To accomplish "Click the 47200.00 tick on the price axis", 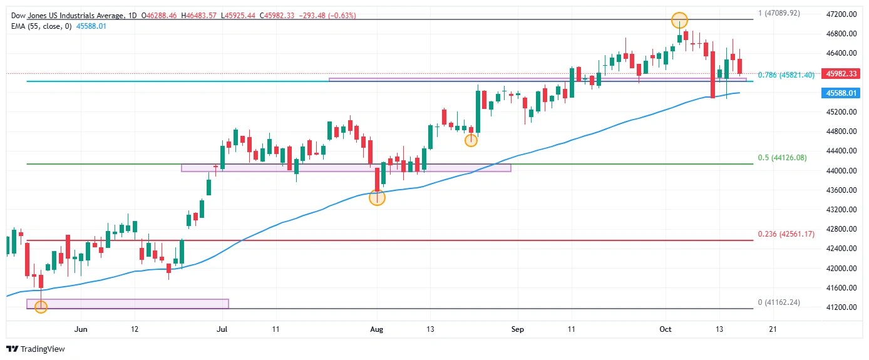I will pyautogui.click(x=840, y=14).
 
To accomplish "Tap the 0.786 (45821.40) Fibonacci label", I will pyautogui.click(x=786, y=75).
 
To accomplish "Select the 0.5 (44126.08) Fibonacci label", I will pyautogui.click(x=782, y=158).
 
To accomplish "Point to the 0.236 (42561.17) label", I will pyautogui.click(x=786, y=234).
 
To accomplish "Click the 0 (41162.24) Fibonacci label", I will pyautogui.click(x=779, y=302).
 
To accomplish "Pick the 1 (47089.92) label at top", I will pyautogui.click(x=779, y=13).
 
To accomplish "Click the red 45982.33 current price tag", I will pyautogui.click(x=841, y=74).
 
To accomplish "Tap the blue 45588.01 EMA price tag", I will pyautogui.click(x=841, y=93).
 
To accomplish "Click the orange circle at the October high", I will pyautogui.click(x=679, y=20).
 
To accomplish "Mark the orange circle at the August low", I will pyautogui.click(x=377, y=198).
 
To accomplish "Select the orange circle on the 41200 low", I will pyautogui.click(x=41, y=307).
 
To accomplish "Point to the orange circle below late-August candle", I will pyautogui.click(x=471, y=141).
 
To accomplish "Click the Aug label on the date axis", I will pyautogui.click(x=376, y=329).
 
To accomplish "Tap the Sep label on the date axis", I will pyautogui.click(x=517, y=329).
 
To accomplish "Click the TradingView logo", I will pyautogui.click(x=36, y=349).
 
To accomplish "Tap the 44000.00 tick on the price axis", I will pyautogui.click(x=840, y=171).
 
